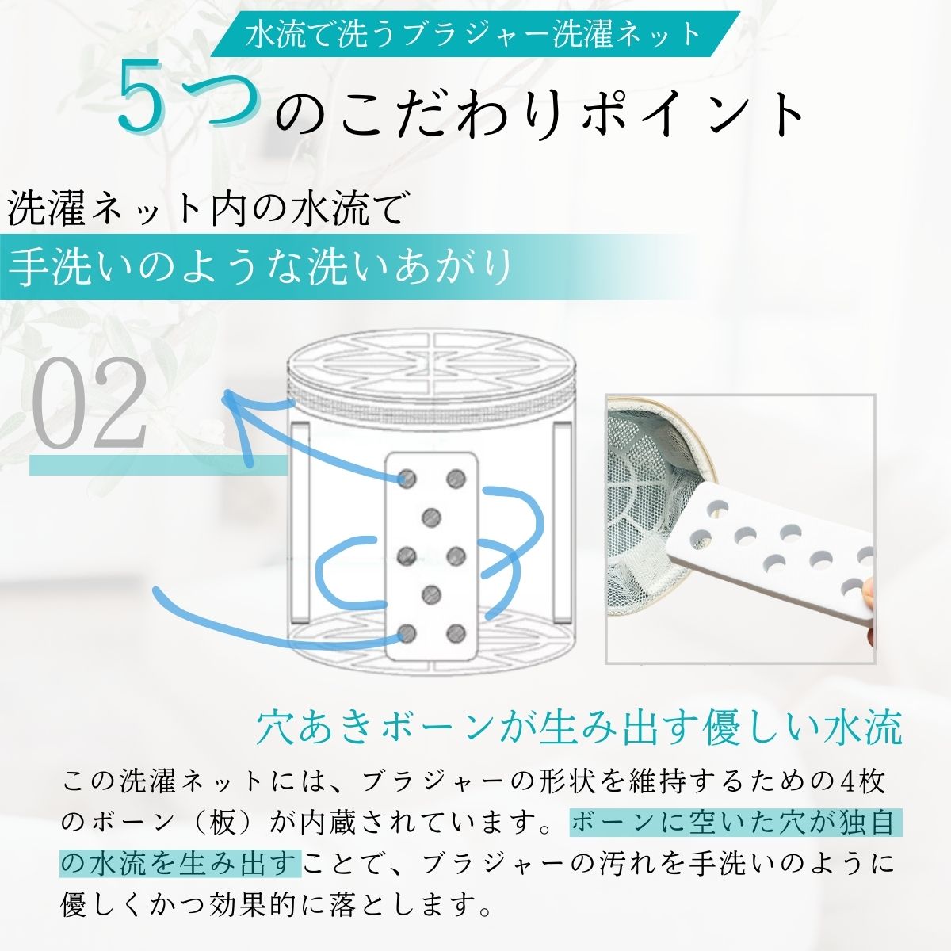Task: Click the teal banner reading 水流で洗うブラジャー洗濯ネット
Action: pos(475,33)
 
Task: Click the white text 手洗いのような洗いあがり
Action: pos(260,267)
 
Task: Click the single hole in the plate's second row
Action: pos(432,518)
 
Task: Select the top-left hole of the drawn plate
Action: pos(408,478)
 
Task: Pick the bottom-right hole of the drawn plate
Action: pos(456,633)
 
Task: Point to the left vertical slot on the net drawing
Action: pos(300,521)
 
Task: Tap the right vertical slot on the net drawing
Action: pos(563,521)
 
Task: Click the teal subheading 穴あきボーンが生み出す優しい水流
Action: pos(579,728)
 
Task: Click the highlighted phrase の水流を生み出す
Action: pos(180,864)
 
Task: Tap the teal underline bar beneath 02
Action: pos(158,465)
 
